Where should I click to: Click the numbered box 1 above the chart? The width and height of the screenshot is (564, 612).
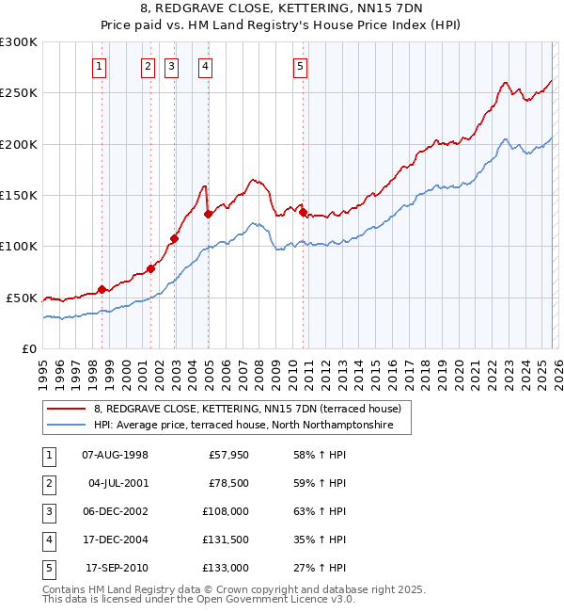pos(99,66)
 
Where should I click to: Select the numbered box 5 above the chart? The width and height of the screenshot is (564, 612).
pos(299,66)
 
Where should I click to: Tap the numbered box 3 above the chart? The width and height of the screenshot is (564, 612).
pos(171,66)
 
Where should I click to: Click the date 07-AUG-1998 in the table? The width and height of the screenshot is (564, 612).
pos(115,455)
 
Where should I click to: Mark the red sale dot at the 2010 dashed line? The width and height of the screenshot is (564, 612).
pos(303,212)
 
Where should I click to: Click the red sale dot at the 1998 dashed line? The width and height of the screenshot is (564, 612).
pos(102,289)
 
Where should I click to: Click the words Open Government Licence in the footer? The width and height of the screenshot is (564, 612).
pos(267,599)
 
